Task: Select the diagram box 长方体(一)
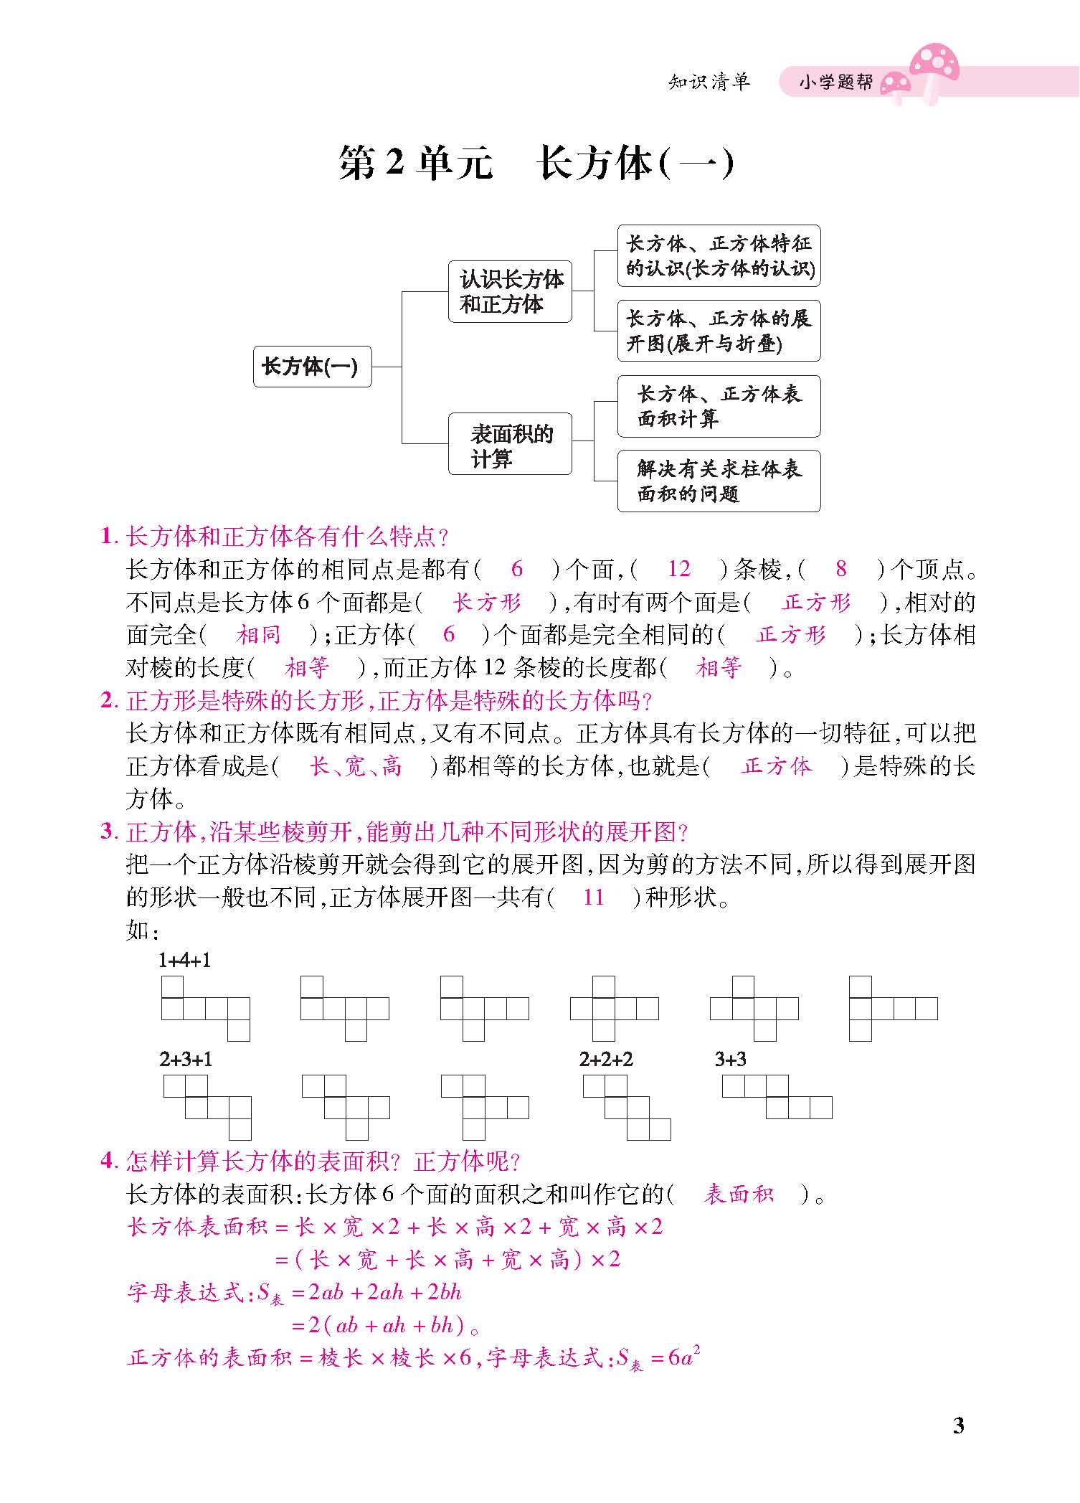tap(312, 367)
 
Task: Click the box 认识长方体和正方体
tap(510, 291)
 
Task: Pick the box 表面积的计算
tap(510, 444)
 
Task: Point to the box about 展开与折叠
tap(719, 331)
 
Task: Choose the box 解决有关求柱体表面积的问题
tap(719, 481)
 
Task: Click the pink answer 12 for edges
tap(678, 570)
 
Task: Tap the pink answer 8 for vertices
tap(841, 570)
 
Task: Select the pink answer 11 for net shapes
tap(594, 897)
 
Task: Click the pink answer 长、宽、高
tap(356, 766)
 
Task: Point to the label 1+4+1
tap(185, 961)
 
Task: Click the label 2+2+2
tap(606, 1060)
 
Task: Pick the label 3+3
tap(731, 1060)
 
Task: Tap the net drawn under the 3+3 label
tap(777, 1097)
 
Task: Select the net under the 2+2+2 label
tap(627, 1108)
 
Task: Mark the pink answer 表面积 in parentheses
tap(739, 1195)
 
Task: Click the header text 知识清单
tap(709, 82)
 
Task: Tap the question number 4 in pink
tap(107, 1161)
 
